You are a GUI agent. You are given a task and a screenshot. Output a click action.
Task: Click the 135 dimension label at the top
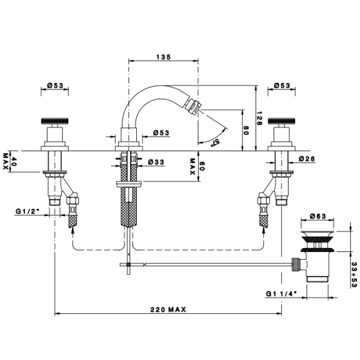pyautogui.click(x=164, y=57)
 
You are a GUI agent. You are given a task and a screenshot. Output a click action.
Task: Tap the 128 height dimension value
pyautogui.click(x=260, y=118)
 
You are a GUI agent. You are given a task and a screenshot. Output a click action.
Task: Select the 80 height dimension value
pyautogui.click(x=247, y=130)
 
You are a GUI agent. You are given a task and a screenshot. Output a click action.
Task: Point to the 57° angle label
pyautogui.click(x=215, y=142)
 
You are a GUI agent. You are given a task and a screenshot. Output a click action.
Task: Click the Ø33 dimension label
pyautogui.click(x=156, y=162)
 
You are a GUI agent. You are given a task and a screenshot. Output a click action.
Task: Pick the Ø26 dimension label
pyautogui.click(x=307, y=158)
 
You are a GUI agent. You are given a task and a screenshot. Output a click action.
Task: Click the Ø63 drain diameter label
pyautogui.click(x=318, y=216)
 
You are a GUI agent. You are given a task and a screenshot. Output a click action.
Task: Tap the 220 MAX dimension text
pyautogui.click(x=168, y=310)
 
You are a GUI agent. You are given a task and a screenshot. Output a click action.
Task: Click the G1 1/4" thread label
pyautogui.click(x=281, y=293)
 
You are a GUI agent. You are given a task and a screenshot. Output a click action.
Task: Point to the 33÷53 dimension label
pyautogui.click(x=355, y=275)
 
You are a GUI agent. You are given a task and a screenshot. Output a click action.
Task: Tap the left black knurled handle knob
pyautogui.click(x=55, y=121)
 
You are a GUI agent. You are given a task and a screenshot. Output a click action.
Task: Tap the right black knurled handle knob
pyautogui.click(x=282, y=121)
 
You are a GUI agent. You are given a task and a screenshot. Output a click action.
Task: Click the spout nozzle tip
pyautogui.click(x=194, y=105)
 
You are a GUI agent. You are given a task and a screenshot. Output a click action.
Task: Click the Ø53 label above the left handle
pyautogui.click(x=55, y=85)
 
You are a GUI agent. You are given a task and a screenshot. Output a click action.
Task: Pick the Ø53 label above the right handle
pyautogui.click(x=282, y=85)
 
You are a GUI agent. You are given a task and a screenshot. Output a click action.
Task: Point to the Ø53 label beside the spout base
pyautogui.click(x=161, y=133)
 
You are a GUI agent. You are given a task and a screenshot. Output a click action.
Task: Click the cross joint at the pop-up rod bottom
pyautogui.click(x=128, y=265)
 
